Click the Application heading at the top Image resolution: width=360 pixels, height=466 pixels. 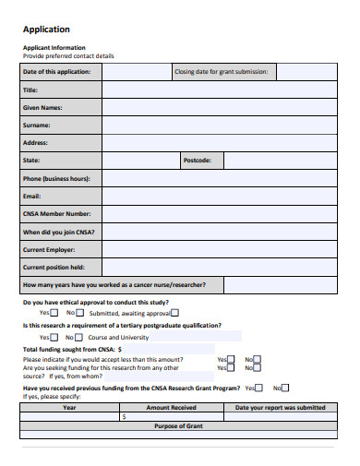click(45, 29)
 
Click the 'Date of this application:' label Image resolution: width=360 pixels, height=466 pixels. click(56, 72)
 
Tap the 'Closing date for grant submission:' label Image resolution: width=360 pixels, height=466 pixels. click(221, 72)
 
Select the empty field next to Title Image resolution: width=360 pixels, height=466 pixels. click(217, 90)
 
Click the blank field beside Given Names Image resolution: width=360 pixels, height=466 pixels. click(217, 107)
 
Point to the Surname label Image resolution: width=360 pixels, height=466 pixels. click(37, 125)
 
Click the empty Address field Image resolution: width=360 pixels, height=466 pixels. click(217, 142)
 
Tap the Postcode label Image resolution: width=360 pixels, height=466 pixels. click(198, 161)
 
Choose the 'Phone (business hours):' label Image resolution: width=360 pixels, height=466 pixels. click(55, 178)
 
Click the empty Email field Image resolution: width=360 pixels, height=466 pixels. click(217, 196)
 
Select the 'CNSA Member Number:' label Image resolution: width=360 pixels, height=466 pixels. click(56, 213)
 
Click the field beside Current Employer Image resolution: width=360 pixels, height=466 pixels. click(217, 249)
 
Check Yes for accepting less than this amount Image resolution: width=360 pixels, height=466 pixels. click(231, 360)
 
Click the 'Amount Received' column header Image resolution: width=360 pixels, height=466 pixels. click(172, 407)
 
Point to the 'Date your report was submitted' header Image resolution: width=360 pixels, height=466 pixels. click(280, 407)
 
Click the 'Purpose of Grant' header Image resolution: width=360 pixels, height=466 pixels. click(178, 425)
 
